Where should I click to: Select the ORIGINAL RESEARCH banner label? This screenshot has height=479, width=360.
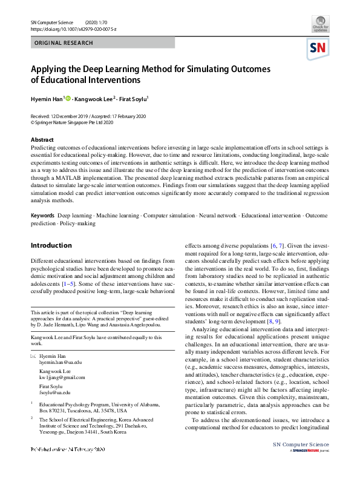64,43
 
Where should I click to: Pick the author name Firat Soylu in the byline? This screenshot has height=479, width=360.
136,98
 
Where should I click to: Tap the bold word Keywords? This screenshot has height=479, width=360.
42,216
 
